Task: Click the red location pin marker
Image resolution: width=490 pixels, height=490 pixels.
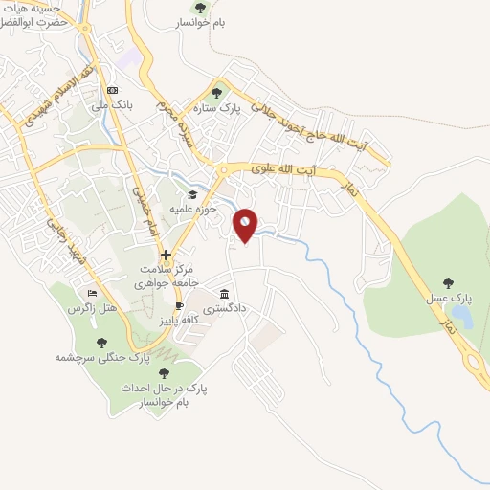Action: [x=246, y=224]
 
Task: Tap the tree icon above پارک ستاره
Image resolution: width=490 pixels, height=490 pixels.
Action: [x=216, y=94]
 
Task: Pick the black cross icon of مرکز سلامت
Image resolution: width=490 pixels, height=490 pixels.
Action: [x=167, y=255]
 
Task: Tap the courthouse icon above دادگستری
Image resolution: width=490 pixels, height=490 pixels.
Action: [x=225, y=294]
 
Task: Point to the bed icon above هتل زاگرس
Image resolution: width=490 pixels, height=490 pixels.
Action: [x=92, y=293]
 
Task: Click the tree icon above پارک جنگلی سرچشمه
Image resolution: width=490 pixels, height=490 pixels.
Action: [x=102, y=342]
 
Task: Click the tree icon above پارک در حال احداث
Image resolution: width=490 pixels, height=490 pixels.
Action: [x=164, y=374]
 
